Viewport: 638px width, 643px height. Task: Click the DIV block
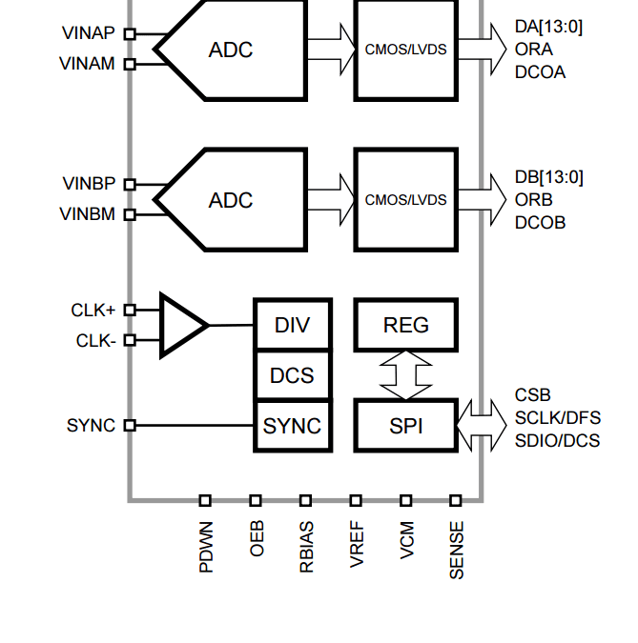tap(293, 325)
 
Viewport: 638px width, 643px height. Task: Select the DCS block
tap(293, 375)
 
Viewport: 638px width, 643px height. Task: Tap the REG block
tap(405, 325)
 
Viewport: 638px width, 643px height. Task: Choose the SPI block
tap(405, 426)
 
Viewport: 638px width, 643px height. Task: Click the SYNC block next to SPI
tap(293, 426)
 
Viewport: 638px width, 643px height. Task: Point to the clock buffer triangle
tap(183, 325)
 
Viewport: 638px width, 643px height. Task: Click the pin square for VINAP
tap(130, 34)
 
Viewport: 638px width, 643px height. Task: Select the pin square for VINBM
tap(130, 214)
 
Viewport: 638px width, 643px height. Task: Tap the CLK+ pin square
tap(130, 310)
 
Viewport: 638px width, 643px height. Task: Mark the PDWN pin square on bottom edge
tap(205, 500)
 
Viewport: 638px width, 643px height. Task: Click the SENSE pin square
tap(456, 500)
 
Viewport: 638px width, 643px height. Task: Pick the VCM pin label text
tap(406, 540)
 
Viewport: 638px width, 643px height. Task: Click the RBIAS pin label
tap(306, 547)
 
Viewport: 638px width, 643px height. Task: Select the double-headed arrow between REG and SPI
tap(405, 375)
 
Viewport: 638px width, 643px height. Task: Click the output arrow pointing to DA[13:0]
tap(482, 50)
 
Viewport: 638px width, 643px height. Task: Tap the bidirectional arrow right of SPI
tap(482, 426)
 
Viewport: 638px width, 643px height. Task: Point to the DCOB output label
tap(540, 223)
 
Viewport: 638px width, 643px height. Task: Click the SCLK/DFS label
tap(558, 418)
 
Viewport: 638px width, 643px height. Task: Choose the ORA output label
tap(534, 50)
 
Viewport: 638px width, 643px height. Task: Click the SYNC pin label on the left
tap(91, 426)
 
